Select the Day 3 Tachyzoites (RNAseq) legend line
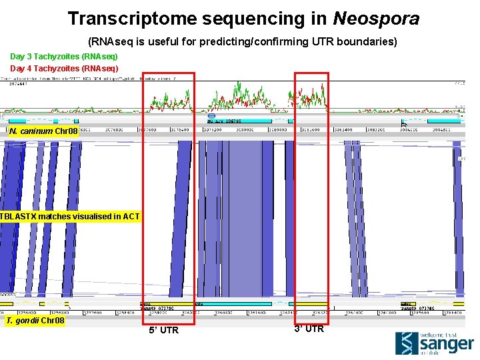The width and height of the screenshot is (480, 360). [x=64, y=57]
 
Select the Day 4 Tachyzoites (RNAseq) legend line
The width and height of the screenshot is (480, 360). [x=64, y=68]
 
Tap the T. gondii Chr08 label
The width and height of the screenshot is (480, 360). [x=35, y=321]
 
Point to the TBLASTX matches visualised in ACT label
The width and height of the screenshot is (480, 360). [x=70, y=217]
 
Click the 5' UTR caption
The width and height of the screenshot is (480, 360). [x=163, y=330]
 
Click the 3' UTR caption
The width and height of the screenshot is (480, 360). [x=309, y=329]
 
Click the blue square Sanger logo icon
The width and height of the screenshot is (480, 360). [x=407, y=343]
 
